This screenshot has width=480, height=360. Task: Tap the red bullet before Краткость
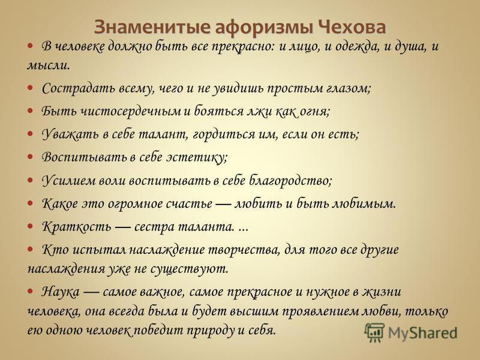[x=30, y=226]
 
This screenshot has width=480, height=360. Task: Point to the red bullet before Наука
[x=30, y=291]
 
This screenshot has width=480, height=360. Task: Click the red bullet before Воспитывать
[x=30, y=157]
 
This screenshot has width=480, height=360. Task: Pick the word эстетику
[x=197, y=157]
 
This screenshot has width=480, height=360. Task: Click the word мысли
[x=49, y=65]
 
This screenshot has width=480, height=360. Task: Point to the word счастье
[x=188, y=203]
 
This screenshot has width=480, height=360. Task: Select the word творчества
[x=244, y=250]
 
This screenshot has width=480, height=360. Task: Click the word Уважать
[x=69, y=134]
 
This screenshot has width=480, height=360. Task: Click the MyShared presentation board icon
[x=374, y=332]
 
